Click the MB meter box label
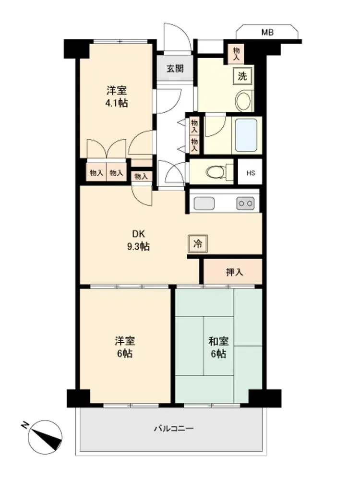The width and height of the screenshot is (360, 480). pos(267,32)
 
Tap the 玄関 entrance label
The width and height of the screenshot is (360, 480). pos(175,69)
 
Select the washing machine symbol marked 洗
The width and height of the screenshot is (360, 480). pos(242,76)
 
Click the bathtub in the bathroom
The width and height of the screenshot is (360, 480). pos(246,135)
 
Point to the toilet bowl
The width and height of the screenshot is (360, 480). pos(215,172)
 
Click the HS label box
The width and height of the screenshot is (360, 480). pos(251,173)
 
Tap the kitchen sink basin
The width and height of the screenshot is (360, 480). pos(204,204)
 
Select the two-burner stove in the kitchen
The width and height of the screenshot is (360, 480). pos(245,204)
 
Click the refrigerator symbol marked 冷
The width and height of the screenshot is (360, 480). pos(198,244)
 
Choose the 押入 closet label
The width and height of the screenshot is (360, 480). pos(235,272)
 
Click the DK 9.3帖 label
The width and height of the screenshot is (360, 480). pos(138,240)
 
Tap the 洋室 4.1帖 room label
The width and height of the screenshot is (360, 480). pos(117,97)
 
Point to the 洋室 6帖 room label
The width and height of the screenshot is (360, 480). pos(125,348)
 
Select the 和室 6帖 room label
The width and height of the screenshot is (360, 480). pos(218,348)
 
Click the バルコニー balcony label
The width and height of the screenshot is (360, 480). pos(174,428)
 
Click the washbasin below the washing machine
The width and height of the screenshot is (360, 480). pos(243,101)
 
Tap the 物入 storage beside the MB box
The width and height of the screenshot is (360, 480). pos(236,54)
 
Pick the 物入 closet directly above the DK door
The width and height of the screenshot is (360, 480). pos(141,176)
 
